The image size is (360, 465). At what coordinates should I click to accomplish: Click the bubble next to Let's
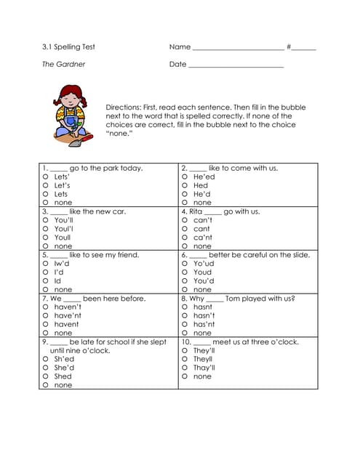click(x=45, y=185)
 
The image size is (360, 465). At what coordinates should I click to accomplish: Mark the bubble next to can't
click(x=185, y=220)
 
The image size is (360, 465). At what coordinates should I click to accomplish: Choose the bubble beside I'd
click(x=45, y=272)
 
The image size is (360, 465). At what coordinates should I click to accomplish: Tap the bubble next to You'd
click(x=185, y=280)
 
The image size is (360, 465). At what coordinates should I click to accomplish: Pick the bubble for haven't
click(x=45, y=307)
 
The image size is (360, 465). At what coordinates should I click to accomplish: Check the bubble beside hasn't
click(x=185, y=315)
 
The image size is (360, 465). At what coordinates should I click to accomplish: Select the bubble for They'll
click(x=185, y=350)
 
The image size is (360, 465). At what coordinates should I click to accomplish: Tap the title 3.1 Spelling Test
click(x=68, y=47)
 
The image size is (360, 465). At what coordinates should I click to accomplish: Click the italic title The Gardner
click(x=63, y=64)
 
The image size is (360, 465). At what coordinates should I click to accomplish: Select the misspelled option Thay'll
click(x=204, y=368)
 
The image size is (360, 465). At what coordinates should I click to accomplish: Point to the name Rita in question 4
click(x=196, y=211)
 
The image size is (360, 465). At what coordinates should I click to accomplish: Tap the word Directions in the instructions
click(x=125, y=107)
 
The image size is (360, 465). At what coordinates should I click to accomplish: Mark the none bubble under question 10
click(x=185, y=376)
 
